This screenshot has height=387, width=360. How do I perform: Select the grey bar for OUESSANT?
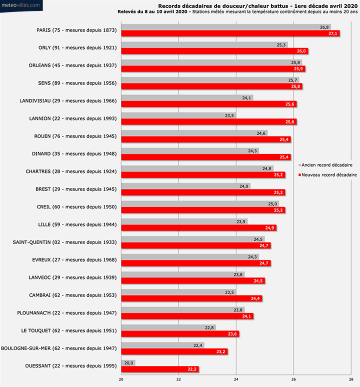click(127, 363)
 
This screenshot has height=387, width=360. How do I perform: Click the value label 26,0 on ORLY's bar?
click(301, 51)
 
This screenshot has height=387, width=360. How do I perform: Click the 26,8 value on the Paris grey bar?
click(324, 27)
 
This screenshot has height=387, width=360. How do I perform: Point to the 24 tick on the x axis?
click(236, 379)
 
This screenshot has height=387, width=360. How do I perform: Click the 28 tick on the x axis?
click(351, 379)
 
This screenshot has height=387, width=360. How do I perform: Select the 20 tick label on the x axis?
click(121, 379)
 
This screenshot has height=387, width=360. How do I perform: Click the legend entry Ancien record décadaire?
click(327, 165)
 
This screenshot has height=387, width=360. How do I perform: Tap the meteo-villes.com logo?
click(21, 5)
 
